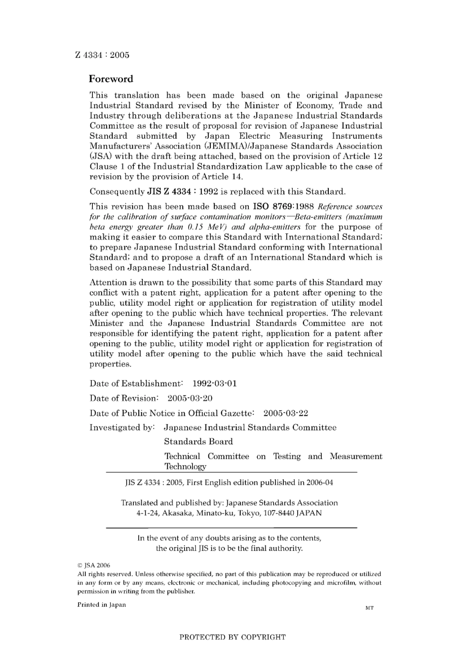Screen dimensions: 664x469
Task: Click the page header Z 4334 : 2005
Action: click(102, 55)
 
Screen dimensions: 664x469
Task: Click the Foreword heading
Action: click(111, 79)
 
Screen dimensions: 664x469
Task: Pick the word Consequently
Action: click(117, 192)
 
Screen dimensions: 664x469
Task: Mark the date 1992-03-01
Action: click(214, 384)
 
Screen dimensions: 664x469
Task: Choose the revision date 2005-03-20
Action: click(190, 398)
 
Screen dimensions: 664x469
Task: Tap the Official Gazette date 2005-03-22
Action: click(285, 413)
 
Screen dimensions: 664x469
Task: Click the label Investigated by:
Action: click(122, 428)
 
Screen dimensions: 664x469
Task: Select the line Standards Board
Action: click(198, 442)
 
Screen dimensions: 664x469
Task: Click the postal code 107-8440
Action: click(277, 513)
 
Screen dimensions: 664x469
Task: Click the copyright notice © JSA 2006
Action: click(94, 565)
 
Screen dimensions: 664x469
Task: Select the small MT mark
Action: click(369, 608)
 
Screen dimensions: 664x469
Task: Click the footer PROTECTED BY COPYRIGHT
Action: click(232, 637)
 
